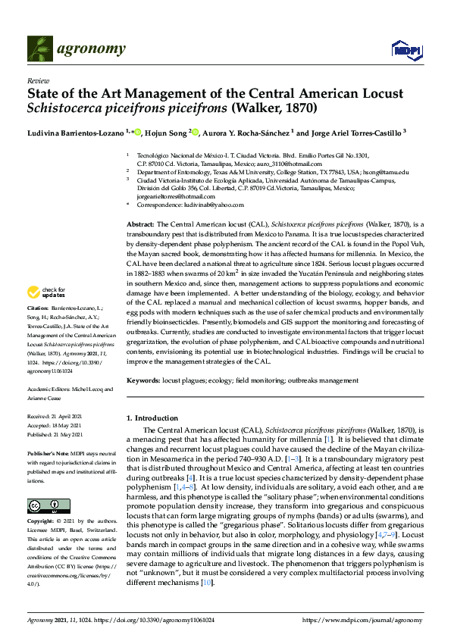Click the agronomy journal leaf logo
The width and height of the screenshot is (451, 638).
click(x=39, y=49)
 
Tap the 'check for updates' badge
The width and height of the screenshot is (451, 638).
click(x=46, y=292)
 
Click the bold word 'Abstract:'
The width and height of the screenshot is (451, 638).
click(x=139, y=225)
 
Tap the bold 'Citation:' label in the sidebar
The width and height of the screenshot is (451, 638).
click(x=38, y=308)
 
